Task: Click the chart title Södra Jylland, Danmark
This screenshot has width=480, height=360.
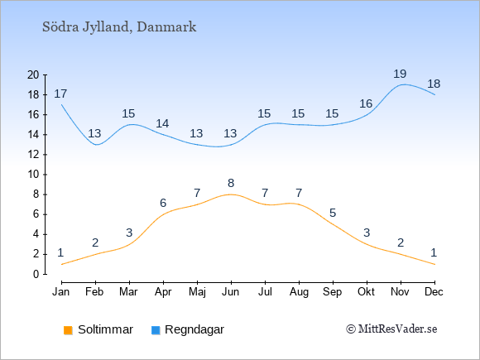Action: [119, 27]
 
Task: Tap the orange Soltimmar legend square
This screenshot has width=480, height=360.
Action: [68, 330]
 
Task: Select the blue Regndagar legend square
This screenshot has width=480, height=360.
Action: [156, 330]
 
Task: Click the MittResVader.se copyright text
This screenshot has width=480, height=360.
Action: [391, 329]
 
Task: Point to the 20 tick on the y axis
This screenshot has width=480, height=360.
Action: [33, 74]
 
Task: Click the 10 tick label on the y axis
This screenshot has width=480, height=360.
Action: [33, 175]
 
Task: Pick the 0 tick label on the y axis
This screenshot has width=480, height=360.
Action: [36, 274]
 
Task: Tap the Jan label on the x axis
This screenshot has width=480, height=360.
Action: [61, 292]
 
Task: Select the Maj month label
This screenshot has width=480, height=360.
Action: [197, 292]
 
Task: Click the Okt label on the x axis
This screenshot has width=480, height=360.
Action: [367, 292]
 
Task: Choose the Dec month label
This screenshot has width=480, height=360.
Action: [434, 292]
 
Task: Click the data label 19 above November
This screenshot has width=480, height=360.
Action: [400, 74]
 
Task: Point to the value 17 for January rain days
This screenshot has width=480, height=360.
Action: [60, 94]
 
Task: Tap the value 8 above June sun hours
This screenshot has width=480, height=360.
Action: [231, 184]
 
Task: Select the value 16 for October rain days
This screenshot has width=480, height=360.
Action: [366, 103]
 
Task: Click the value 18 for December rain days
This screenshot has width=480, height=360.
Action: [434, 84]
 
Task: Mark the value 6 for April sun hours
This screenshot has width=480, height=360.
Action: [163, 203]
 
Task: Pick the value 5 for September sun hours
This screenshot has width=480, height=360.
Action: [333, 213]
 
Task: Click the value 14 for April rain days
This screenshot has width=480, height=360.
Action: [162, 123]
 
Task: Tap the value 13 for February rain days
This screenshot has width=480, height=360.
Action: [94, 133]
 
